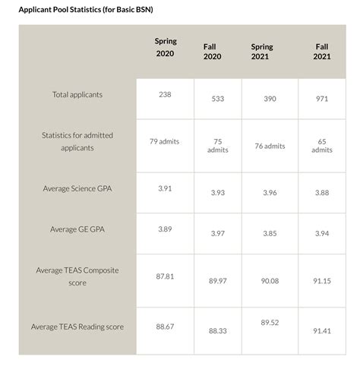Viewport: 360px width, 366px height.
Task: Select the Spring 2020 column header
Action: tap(164, 48)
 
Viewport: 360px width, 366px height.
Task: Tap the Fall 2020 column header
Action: tap(212, 52)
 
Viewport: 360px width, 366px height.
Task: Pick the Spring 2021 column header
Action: tap(262, 52)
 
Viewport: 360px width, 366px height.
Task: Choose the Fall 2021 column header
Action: tap(321, 52)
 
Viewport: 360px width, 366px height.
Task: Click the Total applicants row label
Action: tap(77, 95)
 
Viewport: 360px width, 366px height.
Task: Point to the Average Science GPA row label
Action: tap(77, 188)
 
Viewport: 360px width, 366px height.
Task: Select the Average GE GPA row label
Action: tap(77, 229)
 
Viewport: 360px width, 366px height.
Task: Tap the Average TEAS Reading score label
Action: tap(77, 327)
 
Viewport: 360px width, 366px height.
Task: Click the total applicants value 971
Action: tap(321, 99)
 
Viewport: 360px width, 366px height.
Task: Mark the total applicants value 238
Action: tap(164, 94)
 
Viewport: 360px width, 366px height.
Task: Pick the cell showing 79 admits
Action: tap(164, 141)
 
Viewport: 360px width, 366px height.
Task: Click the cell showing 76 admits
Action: tap(270, 146)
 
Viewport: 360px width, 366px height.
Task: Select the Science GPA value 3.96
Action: tap(270, 192)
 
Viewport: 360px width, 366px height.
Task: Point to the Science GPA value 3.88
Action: tap(321, 192)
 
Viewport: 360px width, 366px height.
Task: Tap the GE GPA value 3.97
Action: tap(217, 233)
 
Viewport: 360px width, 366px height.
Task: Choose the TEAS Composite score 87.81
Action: tap(165, 276)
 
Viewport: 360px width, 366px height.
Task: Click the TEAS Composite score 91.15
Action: tap(321, 281)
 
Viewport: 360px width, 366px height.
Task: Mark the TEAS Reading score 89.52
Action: tap(270, 323)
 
